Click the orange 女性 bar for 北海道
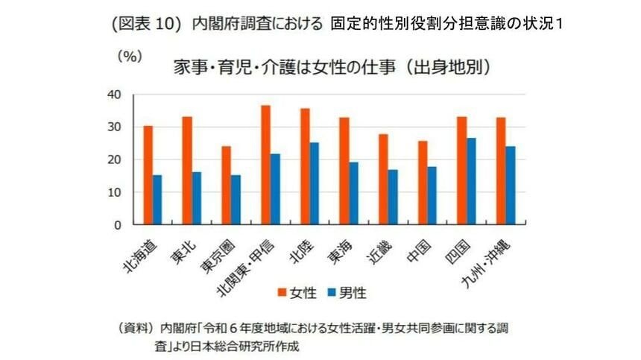pyautogui.click(x=148, y=175)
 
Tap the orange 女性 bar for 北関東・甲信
pyautogui.click(x=265, y=165)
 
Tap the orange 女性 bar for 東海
pyautogui.click(x=344, y=171)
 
